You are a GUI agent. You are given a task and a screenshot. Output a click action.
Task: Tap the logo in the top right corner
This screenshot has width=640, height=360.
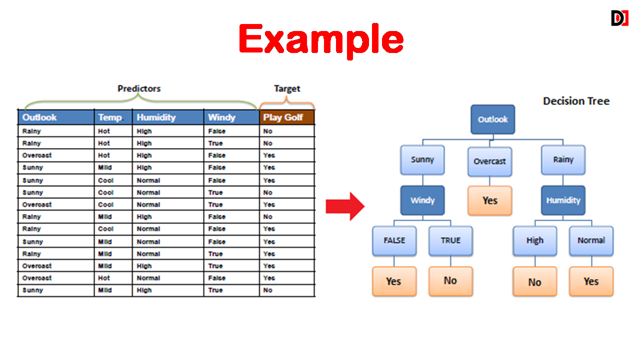[619, 18]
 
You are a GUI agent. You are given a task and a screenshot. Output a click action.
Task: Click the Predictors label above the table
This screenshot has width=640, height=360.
[139, 88]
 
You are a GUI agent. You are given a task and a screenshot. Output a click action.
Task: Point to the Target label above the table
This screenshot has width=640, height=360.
[287, 88]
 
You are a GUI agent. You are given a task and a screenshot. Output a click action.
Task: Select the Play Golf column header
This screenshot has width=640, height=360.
[287, 117]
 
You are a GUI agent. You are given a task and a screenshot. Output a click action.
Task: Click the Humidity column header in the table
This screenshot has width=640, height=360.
[168, 117]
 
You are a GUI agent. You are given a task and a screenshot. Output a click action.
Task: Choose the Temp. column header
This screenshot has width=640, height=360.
[113, 117]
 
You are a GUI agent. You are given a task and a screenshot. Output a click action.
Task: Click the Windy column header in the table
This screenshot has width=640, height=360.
[231, 117]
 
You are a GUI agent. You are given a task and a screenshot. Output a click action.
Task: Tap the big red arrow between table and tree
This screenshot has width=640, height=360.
[345, 206]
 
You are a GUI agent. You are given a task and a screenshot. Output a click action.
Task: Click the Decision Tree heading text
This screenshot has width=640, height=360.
[576, 101]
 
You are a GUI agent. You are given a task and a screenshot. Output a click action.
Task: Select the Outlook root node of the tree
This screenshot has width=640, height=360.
[493, 119]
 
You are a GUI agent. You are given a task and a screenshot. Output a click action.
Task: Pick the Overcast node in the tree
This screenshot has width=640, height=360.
[489, 161]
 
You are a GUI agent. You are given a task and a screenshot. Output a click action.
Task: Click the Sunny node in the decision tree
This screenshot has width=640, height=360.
[422, 159]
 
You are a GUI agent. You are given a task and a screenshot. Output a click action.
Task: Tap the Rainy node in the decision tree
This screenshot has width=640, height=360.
[563, 159]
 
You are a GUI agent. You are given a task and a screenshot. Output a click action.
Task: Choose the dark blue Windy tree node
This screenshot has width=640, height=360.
[422, 200]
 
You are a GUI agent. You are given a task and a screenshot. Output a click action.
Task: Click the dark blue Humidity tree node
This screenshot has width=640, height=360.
[563, 200]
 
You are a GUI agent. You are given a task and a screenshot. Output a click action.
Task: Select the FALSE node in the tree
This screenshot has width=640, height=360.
[394, 240]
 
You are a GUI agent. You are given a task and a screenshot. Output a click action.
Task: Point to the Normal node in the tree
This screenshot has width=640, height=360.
[591, 240]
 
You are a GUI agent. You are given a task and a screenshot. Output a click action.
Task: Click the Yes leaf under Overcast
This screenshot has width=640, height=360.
[489, 200]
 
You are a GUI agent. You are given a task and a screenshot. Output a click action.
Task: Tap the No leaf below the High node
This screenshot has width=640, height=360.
[534, 281]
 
